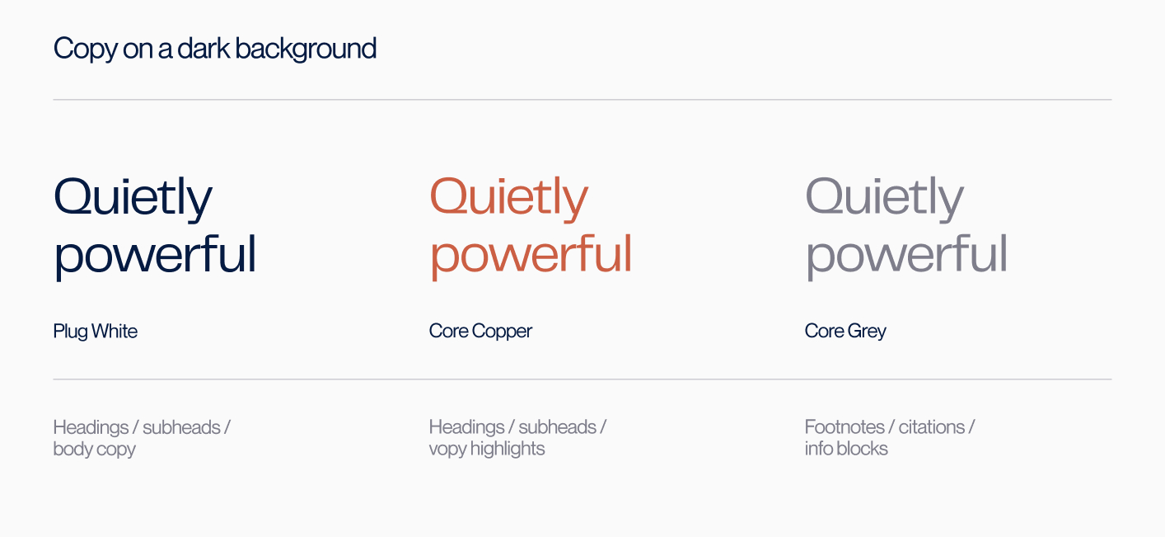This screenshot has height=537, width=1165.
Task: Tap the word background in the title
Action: (306, 49)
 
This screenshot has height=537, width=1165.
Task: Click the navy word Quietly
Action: (133, 198)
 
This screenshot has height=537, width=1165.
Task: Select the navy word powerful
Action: (155, 255)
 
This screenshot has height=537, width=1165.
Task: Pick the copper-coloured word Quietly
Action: (508, 198)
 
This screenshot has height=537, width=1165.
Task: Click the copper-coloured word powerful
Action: (531, 255)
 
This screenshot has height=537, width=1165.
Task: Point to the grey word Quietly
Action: (884, 198)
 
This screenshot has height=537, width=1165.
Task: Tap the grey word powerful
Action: (906, 255)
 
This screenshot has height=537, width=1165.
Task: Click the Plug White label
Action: (96, 332)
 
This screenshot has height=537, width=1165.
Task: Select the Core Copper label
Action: (480, 332)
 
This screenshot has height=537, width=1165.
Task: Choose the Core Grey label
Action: (845, 332)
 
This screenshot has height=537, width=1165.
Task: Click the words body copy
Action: (94, 450)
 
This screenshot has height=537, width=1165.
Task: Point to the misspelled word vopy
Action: (447, 450)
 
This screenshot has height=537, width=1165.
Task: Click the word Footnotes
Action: (845, 427)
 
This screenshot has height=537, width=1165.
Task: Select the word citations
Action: (931, 427)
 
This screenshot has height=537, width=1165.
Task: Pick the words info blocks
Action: (846, 449)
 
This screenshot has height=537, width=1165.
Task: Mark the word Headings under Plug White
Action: (91, 428)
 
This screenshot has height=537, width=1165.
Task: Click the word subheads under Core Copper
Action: (557, 427)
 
